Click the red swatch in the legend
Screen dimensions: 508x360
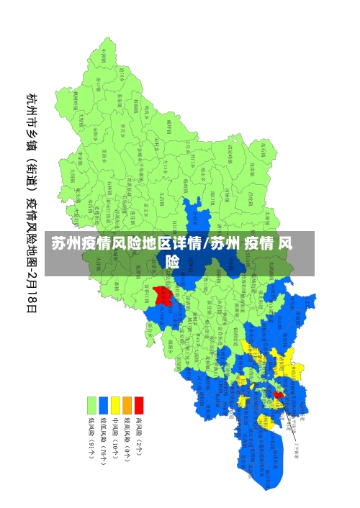[x=139, y=405]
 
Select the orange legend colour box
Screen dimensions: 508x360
[x=127, y=405]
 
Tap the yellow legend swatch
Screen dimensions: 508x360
[x=115, y=405]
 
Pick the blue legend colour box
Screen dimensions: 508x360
[x=103, y=405]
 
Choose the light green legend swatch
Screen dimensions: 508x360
[x=91, y=405]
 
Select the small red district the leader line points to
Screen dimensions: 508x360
[x=279, y=394]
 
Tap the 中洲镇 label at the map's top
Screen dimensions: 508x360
[x=103, y=56]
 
